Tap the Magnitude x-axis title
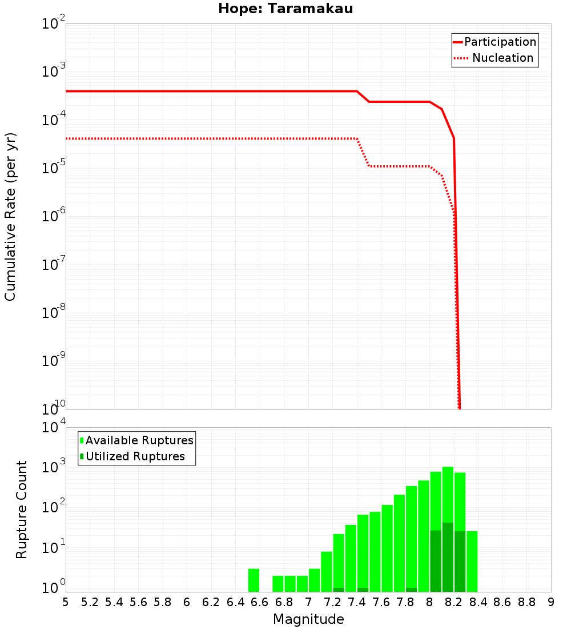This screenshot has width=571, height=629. tap(308, 619)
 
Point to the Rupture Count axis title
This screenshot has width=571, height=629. tap(22, 509)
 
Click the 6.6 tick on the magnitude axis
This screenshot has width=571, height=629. tap(260, 602)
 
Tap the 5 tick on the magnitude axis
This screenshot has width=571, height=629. tap(66, 602)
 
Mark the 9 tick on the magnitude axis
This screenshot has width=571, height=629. tap(551, 602)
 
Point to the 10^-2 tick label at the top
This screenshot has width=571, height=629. tap(54, 24)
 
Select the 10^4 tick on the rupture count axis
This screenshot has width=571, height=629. tap(54, 428)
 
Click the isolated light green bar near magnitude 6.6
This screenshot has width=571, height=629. tap(254, 580)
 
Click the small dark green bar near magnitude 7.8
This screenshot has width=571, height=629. tap(411, 590)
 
